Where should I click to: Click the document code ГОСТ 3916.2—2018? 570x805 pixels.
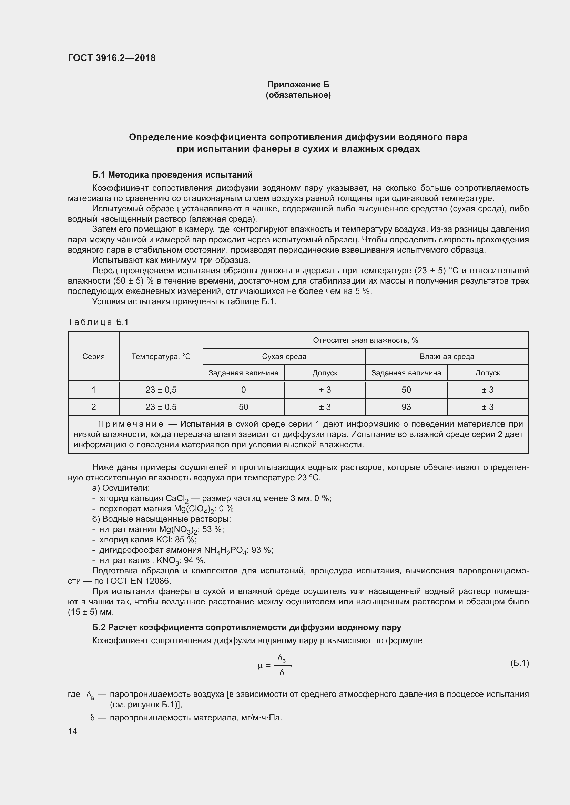coord(112,58)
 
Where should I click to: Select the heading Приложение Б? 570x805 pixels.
coord(298,85)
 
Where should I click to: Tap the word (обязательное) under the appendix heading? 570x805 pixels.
coord(298,95)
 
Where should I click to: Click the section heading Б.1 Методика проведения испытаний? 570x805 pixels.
coord(172,174)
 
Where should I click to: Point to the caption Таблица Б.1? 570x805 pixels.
coord(98,322)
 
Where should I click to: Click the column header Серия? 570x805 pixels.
coord(93,357)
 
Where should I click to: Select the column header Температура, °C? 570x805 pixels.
coord(161,357)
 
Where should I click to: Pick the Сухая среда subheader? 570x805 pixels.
coord(284,357)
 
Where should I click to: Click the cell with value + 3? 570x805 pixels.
coord(325,390)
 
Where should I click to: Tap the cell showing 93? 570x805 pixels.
coord(406,407)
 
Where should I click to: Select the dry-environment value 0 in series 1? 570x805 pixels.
coord(243,390)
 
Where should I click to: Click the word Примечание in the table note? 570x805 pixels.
coord(131,424)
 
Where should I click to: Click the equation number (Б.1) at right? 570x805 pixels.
coord(519,663)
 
